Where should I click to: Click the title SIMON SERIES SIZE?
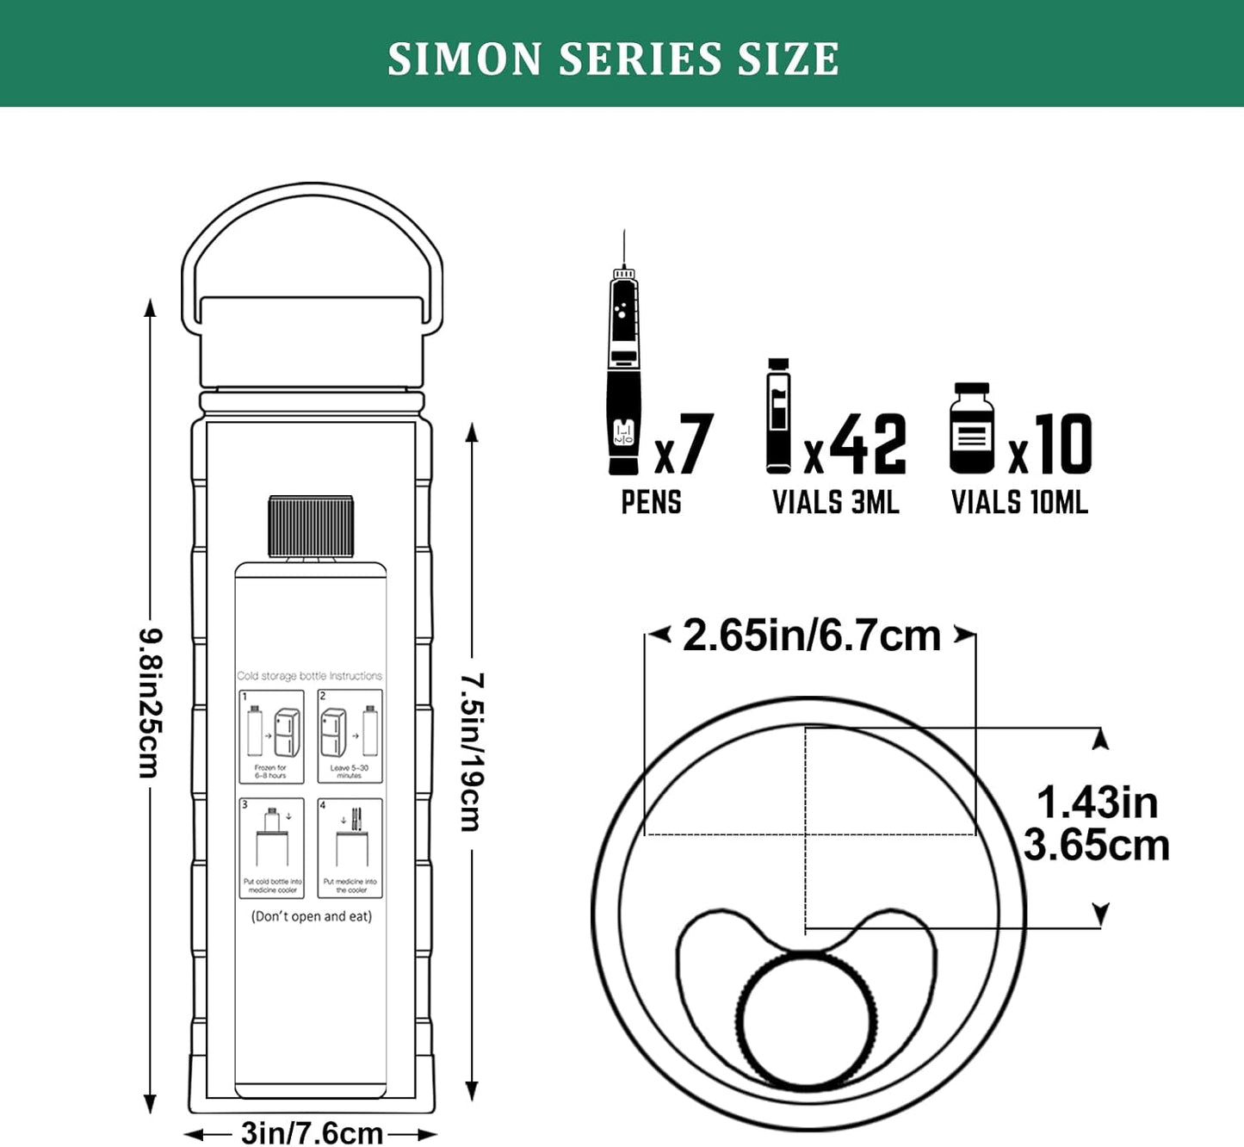(x=613, y=59)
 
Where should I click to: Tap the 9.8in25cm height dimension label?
(x=150, y=703)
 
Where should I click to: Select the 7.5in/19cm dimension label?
(x=471, y=751)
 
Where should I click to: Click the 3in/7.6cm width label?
(x=312, y=1132)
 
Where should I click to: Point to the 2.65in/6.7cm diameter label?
(x=811, y=636)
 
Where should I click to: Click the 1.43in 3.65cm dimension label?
(x=1097, y=824)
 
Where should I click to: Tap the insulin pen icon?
(x=624, y=370)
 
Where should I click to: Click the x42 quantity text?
(x=855, y=444)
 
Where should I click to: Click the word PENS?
(x=651, y=502)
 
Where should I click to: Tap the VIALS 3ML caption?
(x=835, y=502)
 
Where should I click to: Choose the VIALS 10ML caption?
(x=1019, y=502)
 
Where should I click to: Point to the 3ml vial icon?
(x=778, y=416)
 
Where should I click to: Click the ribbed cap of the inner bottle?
(x=311, y=526)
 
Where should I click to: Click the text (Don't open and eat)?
(x=312, y=916)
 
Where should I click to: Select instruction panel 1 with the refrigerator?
(x=271, y=736)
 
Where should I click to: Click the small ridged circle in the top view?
(x=807, y=1020)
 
